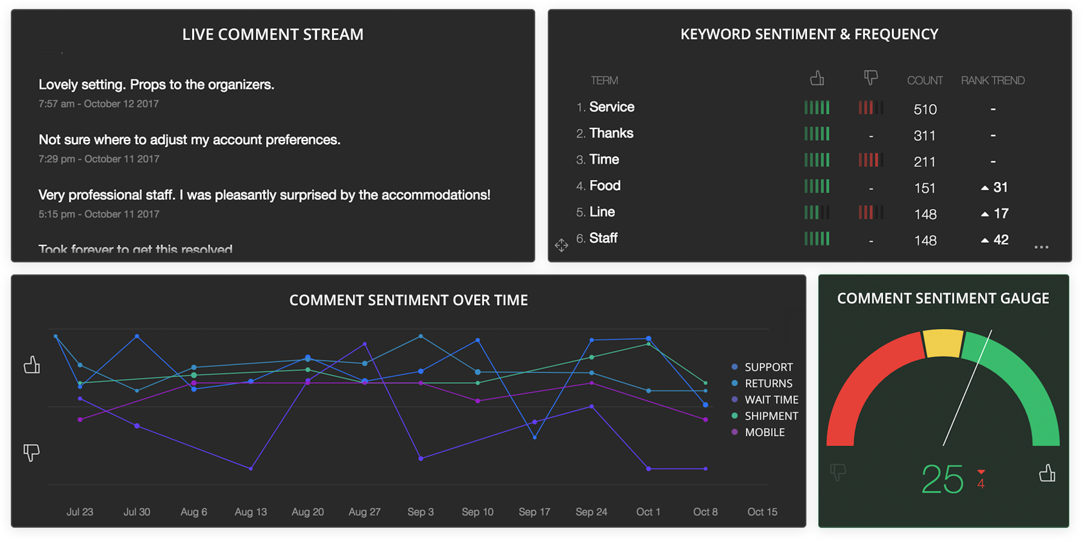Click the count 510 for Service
[x=925, y=109]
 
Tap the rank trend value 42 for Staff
[x=1001, y=240]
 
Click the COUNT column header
[x=924, y=80]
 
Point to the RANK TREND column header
[x=993, y=80]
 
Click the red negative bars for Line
[x=870, y=212]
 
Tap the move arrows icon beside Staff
[x=561, y=245]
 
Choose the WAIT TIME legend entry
[x=771, y=400]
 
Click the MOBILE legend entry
[x=764, y=432]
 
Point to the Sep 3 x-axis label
[x=420, y=512]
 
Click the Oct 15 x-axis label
[x=762, y=512]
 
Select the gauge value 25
[x=942, y=479]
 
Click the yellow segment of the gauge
[x=943, y=343]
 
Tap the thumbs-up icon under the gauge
[x=1047, y=473]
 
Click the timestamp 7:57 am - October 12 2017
[x=99, y=104]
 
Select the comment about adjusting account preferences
[x=189, y=140]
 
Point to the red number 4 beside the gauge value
[x=981, y=484]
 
